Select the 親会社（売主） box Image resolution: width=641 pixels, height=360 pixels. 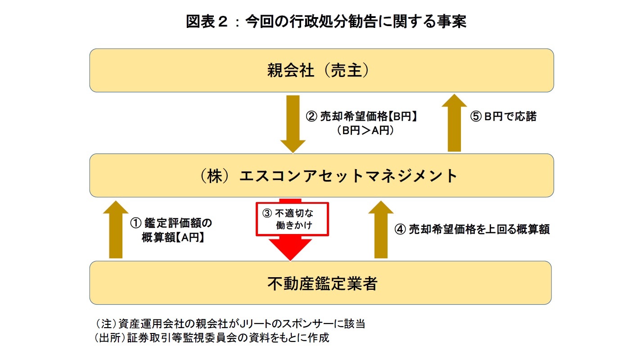321,71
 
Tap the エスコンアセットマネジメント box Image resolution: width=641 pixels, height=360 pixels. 321,175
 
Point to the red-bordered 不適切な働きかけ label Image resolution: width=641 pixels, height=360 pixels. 293,219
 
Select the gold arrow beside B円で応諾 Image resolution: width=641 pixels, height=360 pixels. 455,123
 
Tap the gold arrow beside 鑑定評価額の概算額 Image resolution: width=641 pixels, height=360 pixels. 116,230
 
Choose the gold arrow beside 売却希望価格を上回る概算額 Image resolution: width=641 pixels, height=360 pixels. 381,230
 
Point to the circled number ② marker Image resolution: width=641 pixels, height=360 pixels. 312,117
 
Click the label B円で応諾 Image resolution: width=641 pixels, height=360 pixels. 510,117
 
